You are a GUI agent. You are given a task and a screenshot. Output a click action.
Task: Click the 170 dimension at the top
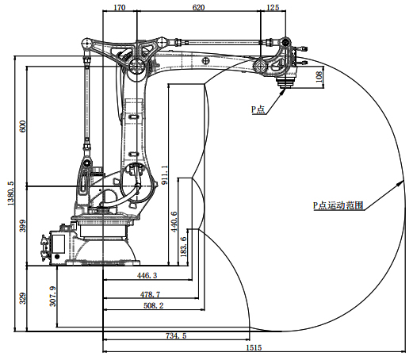(119, 7)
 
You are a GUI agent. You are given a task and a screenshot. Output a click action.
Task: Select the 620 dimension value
(198, 7)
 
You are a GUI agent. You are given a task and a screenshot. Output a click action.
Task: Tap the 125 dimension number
(273, 7)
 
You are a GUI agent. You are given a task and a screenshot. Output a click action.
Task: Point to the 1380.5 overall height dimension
(11, 193)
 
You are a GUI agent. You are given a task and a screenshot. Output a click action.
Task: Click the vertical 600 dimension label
(23, 126)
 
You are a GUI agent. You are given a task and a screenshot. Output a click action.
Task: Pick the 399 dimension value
(23, 225)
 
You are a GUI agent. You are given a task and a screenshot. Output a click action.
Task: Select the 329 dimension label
(23, 298)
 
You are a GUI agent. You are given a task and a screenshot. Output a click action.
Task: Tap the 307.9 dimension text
(53, 297)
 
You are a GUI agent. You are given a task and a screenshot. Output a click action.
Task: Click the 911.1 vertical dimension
(164, 175)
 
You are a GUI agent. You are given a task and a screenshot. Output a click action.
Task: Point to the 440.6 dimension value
(174, 221)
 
